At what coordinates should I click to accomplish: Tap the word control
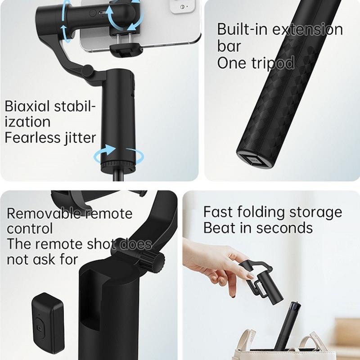tap(30, 229)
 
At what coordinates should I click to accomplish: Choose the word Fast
tap(218, 212)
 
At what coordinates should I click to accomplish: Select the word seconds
tap(284, 228)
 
